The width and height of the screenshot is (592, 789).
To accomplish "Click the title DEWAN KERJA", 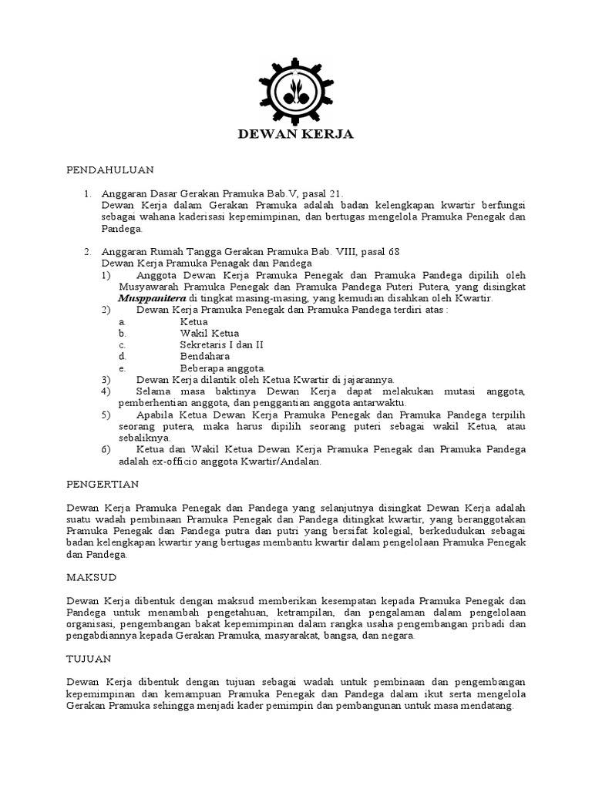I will tap(295, 135).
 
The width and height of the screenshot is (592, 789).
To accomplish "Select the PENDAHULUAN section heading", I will tap(110, 169).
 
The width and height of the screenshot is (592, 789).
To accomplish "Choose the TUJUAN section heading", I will tap(89, 659).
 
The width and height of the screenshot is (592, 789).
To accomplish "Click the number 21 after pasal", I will tap(334, 193).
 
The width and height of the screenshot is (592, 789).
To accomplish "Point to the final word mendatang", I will tap(486, 707).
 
